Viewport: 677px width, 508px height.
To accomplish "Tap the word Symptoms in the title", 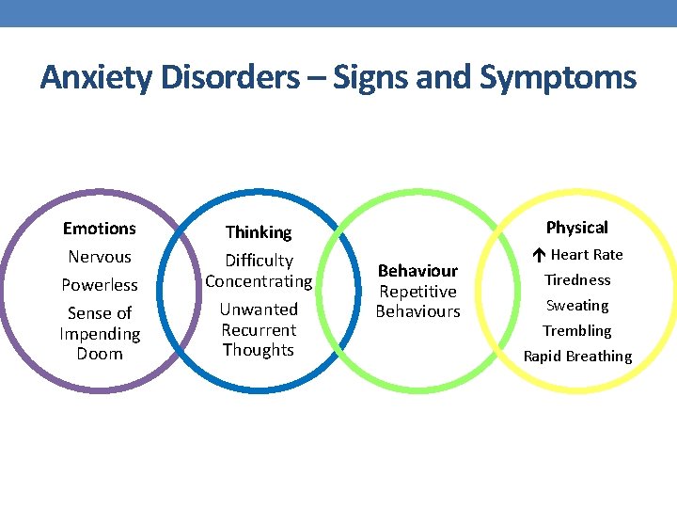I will [x=558, y=77].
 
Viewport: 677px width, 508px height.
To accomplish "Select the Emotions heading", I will [x=100, y=229].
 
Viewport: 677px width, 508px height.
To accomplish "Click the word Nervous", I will [x=100, y=257].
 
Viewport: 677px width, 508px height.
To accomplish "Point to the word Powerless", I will [x=100, y=285].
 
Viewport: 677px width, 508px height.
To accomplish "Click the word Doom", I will [x=100, y=354].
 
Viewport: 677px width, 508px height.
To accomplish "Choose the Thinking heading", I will [x=259, y=232].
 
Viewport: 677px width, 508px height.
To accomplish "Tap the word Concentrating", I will [x=259, y=281].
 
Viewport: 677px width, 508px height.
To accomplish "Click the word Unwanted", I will [x=259, y=310].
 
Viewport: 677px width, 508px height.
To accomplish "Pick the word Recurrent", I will [x=259, y=330].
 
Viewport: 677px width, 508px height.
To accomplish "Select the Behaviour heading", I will [x=417, y=271].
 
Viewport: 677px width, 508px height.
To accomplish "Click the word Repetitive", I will [x=417, y=292].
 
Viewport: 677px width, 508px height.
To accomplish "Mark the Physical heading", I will [x=577, y=228].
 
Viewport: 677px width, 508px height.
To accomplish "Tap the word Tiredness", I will [x=577, y=280].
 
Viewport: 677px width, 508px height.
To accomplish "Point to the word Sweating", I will [x=577, y=306].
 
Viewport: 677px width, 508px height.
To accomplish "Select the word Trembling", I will [x=577, y=331].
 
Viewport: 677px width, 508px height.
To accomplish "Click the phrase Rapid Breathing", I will [x=577, y=357].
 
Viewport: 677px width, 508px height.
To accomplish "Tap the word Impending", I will [x=100, y=334].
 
